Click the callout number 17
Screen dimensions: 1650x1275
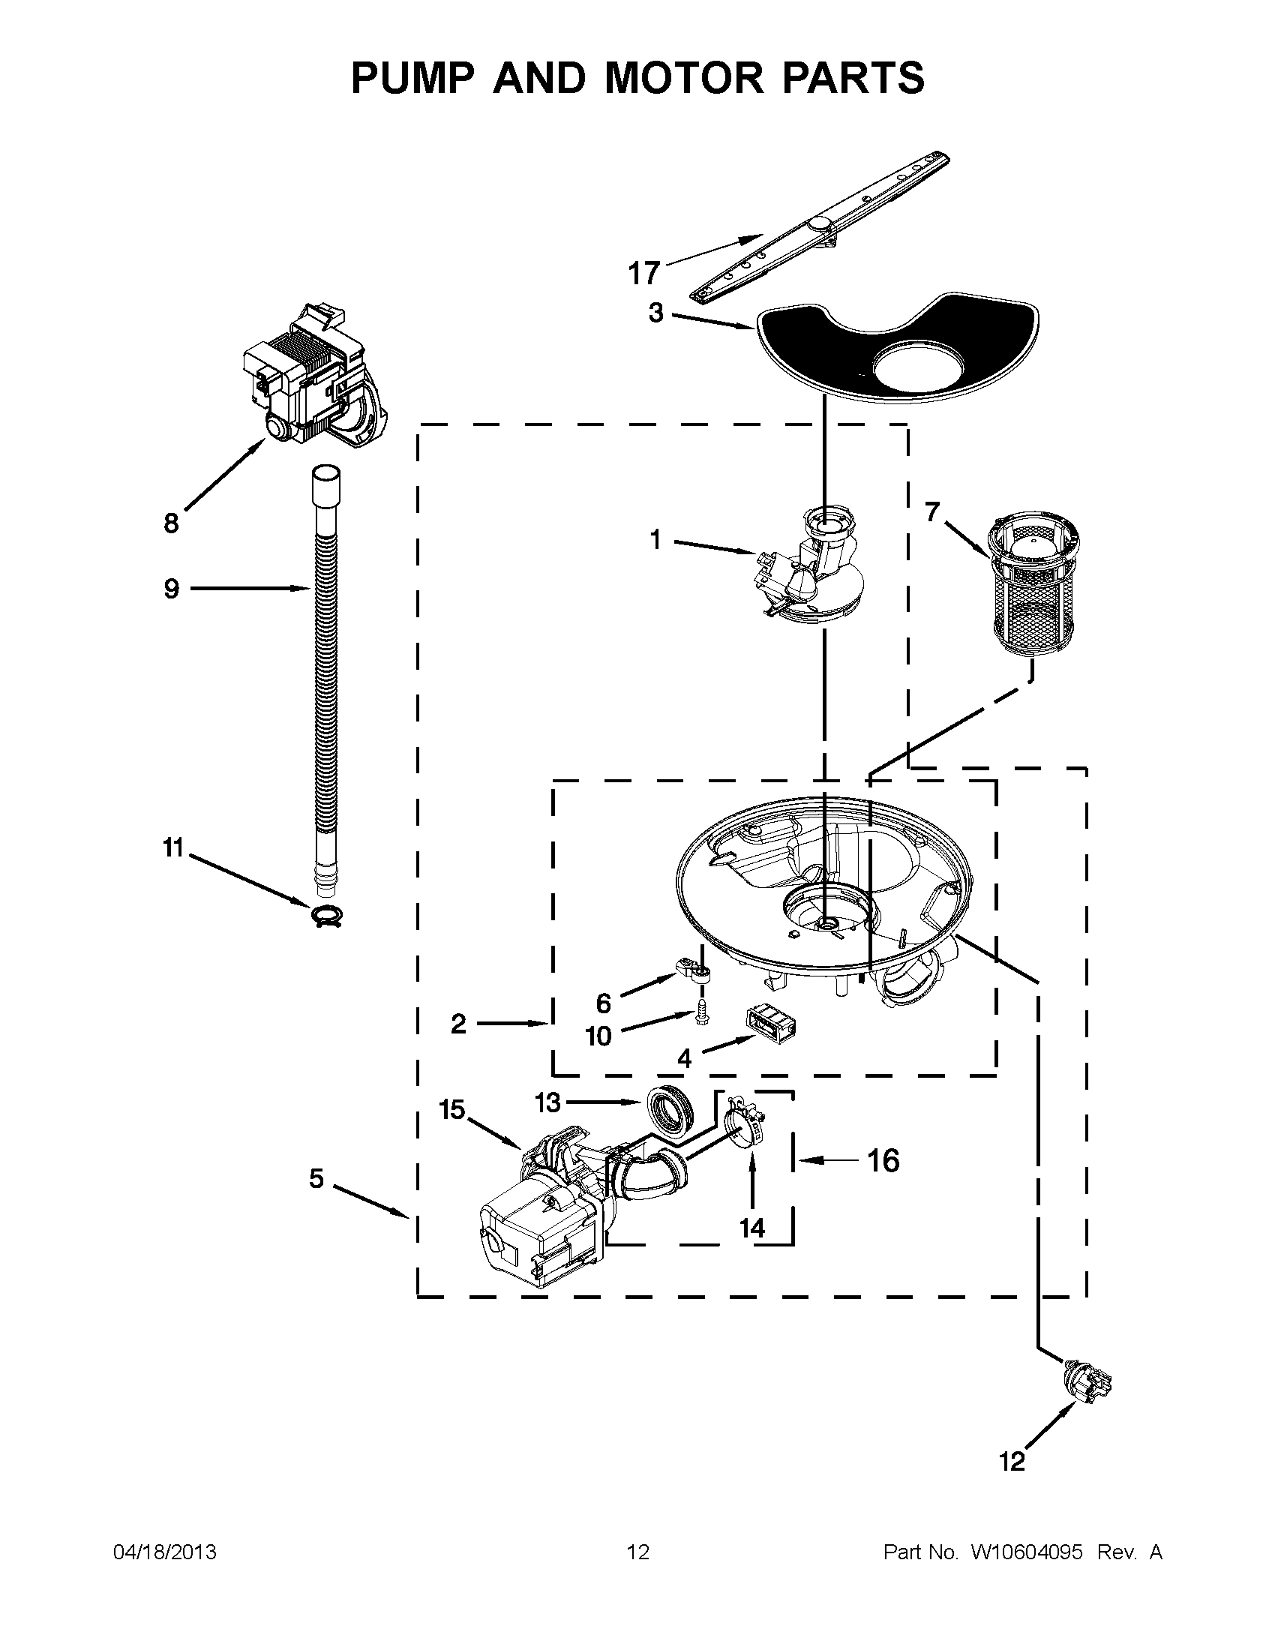(x=644, y=273)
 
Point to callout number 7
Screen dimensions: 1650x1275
(x=932, y=513)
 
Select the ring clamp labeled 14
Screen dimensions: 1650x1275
(x=746, y=1132)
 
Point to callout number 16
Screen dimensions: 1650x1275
(x=883, y=1160)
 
